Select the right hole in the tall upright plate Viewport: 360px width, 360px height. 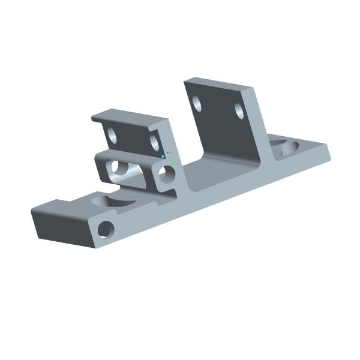tap(238, 112)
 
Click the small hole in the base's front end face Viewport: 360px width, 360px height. tap(106, 229)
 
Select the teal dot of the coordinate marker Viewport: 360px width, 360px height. tap(163, 157)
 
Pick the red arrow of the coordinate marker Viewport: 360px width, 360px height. tap(169, 152)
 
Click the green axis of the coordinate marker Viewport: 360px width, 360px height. tap(173, 161)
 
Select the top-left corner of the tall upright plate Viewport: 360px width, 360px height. tap(185, 79)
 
